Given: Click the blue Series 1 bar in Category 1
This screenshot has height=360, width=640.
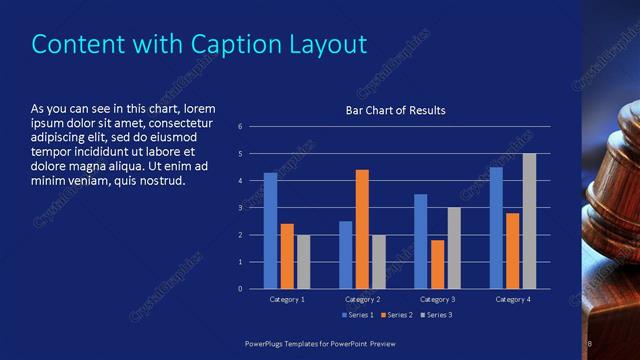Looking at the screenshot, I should tap(270, 231).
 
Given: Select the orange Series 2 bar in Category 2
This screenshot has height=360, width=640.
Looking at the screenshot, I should tap(362, 229).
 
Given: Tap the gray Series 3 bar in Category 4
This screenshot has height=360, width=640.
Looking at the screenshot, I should tap(529, 221).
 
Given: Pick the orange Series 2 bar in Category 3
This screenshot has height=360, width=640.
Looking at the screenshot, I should tap(437, 264).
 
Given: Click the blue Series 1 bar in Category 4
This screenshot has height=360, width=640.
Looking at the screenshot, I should tap(496, 228).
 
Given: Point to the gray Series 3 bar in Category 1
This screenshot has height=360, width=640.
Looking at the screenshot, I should tap(303, 262).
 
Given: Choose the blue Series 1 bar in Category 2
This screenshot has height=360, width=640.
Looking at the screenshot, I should tap(345, 255).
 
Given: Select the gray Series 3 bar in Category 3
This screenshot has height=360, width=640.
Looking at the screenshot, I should tap(454, 248).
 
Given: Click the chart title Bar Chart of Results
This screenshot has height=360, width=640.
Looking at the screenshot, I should tap(395, 110).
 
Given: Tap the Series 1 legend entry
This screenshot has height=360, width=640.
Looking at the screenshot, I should tap(358, 315).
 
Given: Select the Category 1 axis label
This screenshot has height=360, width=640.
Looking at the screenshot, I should tap(287, 299).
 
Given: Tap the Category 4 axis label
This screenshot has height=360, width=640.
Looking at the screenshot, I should tap(512, 299).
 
